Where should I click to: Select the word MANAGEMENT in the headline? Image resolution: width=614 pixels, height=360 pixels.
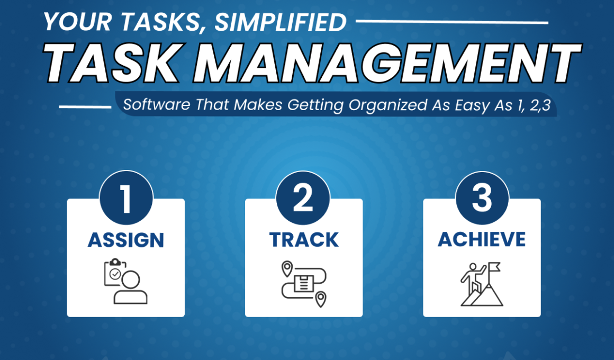click(387, 62)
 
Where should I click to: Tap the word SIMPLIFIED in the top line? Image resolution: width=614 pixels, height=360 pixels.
click(281, 22)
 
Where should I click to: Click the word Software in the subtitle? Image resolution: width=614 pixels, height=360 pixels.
click(157, 105)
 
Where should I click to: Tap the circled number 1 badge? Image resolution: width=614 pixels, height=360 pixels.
click(126, 198)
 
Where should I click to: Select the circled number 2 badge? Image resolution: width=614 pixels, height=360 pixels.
click(303, 198)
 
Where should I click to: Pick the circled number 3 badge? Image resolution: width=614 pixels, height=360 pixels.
click(482, 198)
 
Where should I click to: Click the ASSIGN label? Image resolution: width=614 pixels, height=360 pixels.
click(125, 240)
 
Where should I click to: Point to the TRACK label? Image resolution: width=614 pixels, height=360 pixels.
click(304, 240)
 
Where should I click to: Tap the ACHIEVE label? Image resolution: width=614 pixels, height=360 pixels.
click(482, 239)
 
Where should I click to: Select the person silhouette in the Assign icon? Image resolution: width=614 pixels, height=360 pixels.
click(130, 288)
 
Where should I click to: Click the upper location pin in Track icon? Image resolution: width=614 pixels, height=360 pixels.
click(287, 268)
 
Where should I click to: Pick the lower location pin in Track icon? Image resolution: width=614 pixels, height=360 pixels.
click(321, 299)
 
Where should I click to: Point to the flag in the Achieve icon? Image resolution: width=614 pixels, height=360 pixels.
click(494, 268)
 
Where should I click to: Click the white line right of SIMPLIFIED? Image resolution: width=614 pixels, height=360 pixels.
click(452, 22)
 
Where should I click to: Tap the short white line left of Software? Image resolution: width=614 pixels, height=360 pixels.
click(85, 106)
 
